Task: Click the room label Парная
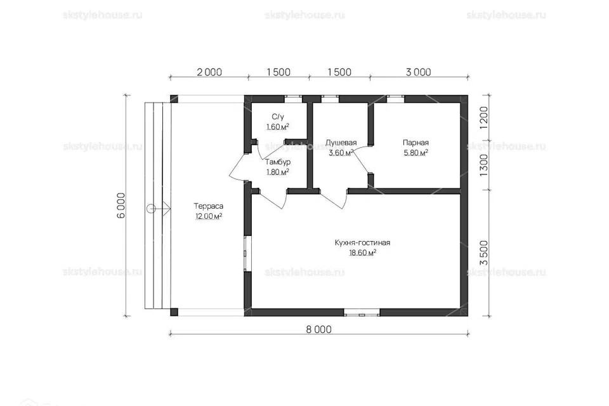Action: click(x=416, y=143)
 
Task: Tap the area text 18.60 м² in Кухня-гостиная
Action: click(x=362, y=253)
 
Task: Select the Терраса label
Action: click(x=209, y=206)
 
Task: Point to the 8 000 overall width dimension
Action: click(x=319, y=329)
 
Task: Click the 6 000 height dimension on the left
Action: click(x=121, y=206)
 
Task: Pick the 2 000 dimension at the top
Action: click(x=209, y=72)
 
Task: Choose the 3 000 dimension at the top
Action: click(x=418, y=72)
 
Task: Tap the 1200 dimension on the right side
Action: click(x=483, y=118)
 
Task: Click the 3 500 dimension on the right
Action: click(x=483, y=253)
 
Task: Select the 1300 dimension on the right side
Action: click(x=483, y=165)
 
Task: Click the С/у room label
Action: click(x=278, y=117)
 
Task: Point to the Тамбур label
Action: click(x=278, y=162)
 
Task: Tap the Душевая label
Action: click(x=341, y=143)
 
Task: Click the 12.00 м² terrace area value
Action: click(x=209, y=216)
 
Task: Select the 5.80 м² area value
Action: click(x=416, y=153)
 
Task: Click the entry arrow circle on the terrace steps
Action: click(x=151, y=209)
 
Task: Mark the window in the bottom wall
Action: click(x=362, y=312)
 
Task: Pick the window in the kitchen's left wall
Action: click(x=248, y=253)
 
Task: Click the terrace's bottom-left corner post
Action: click(x=174, y=312)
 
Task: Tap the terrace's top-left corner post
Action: click(x=174, y=98)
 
